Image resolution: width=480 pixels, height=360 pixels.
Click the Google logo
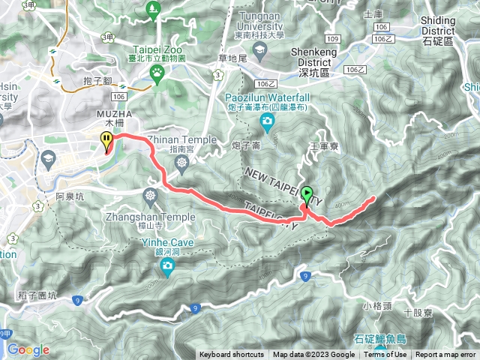click(28, 349)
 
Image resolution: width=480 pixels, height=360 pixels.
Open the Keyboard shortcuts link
click(231, 355)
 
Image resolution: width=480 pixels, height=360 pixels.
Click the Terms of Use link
click(386, 355)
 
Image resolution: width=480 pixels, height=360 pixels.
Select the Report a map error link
click(447, 355)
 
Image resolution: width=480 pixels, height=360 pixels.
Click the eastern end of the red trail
click(373, 198)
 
